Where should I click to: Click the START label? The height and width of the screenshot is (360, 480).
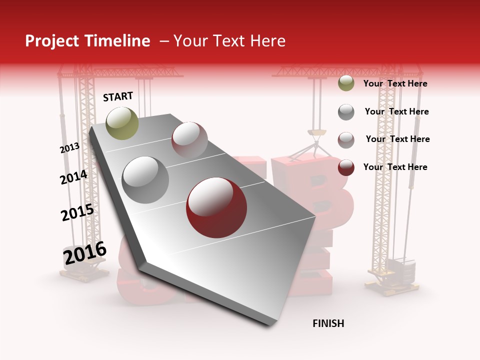(x=118, y=96)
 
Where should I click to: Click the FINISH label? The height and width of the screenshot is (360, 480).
(x=328, y=323)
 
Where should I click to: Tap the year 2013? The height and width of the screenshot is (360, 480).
(x=69, y=148)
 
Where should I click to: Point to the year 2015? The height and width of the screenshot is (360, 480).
(x=77, y=212)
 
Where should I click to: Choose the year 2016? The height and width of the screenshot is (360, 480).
(x=85, y=253)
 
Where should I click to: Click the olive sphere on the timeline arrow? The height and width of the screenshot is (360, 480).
(x=122, y=123)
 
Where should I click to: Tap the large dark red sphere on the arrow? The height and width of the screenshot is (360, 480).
(x=216, y=207)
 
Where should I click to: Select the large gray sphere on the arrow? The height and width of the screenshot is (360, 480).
(x=145, y=179)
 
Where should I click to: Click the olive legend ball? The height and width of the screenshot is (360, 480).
(x=346, y=83)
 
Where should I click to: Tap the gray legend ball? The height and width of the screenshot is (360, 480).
(x=346, y=112)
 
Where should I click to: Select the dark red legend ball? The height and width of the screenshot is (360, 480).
(x=346, y=167)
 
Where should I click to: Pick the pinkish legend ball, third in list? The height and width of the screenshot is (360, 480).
(x=346, y=139)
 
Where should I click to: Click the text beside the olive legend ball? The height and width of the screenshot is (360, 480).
(x=395, y=83)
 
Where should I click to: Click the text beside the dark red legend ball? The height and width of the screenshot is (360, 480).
(x=395, y=167)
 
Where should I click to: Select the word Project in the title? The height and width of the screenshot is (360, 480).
(x=52, y=41)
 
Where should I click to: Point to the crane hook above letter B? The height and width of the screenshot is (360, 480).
(x=316, y=133)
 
